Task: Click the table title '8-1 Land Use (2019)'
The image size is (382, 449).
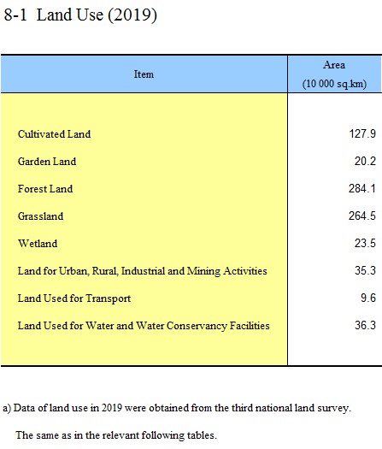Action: click(80, 15)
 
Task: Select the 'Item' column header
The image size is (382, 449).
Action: click(144, 74)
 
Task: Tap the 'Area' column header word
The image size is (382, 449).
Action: click(334, 65)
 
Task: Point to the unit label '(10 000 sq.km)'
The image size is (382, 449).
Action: click(334, 84)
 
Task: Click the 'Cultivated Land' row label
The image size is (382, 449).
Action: click(54, 134)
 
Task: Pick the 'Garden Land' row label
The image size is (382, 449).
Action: click(47, 162)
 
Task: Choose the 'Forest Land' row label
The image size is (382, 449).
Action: click(45, 189)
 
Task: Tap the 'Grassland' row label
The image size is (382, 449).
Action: click(40, 216)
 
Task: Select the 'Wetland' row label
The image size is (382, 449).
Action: click(38, 244)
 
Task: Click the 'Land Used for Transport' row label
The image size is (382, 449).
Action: click(74, 298)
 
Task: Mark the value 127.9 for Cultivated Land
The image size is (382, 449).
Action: click(362, 133)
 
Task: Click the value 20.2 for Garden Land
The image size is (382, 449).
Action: click(365, 162)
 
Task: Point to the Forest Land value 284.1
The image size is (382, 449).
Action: click(362, 188)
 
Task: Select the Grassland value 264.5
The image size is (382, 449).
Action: click(362, 216)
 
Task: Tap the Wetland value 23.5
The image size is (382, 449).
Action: click(365, 243)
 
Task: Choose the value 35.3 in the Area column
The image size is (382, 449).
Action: click(365, 270)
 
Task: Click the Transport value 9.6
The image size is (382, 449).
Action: click(368, 298)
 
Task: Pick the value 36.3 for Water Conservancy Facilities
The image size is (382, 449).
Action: click(365, 325)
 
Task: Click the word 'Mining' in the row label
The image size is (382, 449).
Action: click(203, 271)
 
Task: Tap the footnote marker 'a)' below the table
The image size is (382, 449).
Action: click(7, 408)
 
